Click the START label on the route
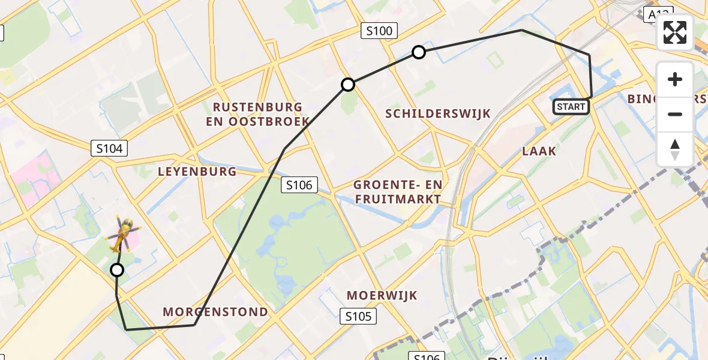pos(571,107)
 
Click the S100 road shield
pos(379,31)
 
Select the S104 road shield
pos(110,148)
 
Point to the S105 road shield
pos(359,316)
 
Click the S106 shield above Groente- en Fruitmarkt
pos(299,185)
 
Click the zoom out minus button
pos(675,114)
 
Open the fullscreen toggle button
pos(675,32)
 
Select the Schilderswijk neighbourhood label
pos(438,113)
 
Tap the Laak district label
pos(539,151)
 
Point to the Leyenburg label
pos(197,172)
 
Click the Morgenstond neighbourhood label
pos(215,312)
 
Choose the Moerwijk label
pos(382,295)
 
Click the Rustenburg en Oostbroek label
pos(258,114)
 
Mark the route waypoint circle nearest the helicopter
pos(117,270)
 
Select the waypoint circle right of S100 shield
pos(419,52)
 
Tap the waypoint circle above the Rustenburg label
pos(348,85)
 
